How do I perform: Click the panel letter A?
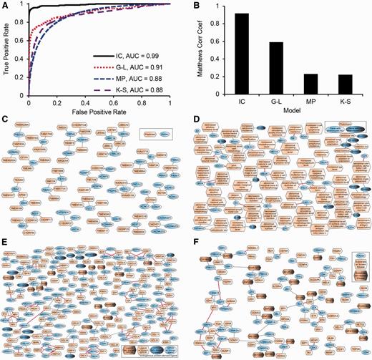4,5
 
